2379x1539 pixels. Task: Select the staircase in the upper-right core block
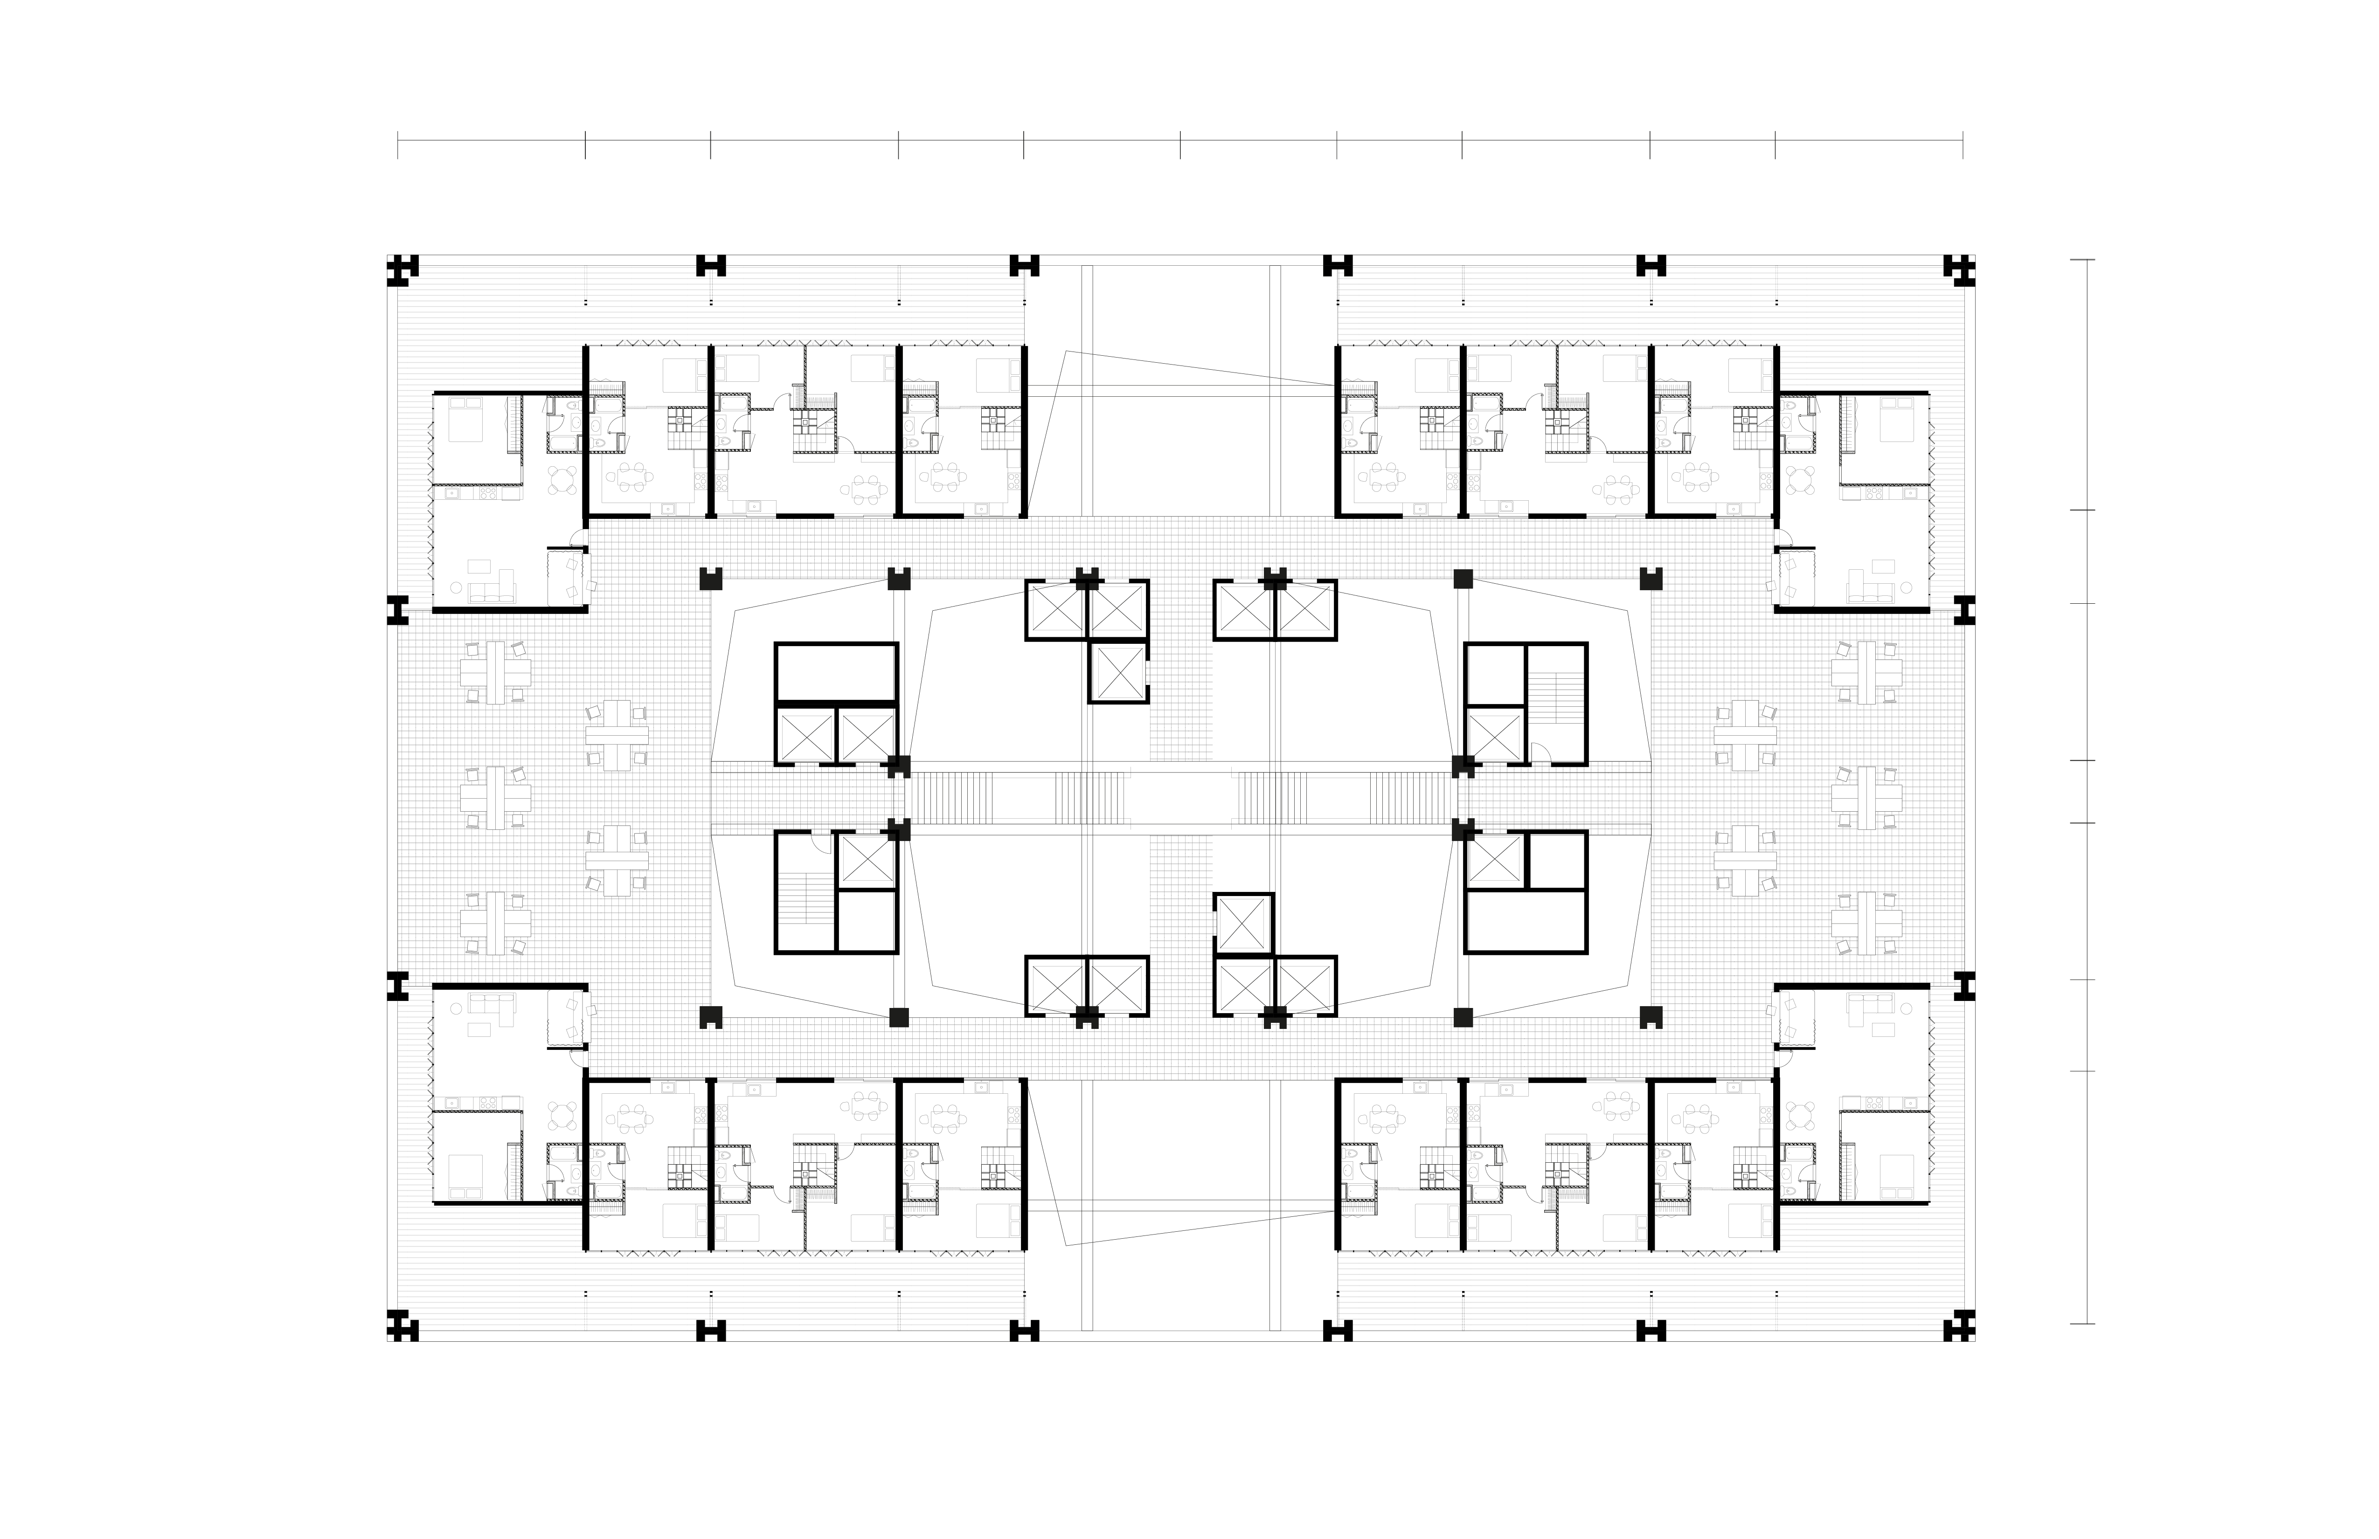pos(1556,703)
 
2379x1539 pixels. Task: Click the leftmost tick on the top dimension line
pos(398,145)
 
